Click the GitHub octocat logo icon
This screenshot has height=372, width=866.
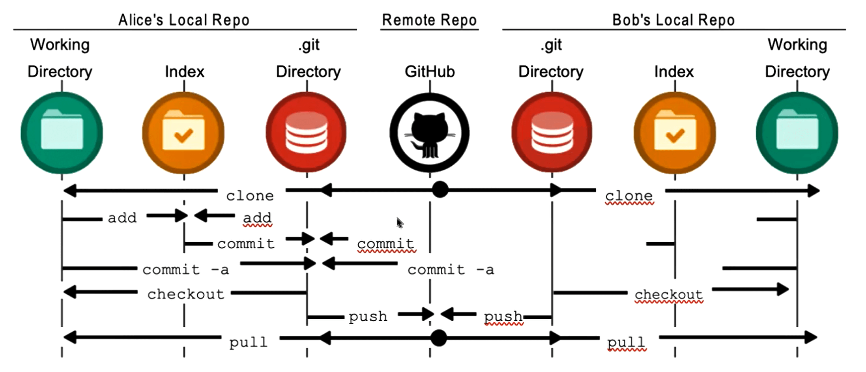tap(430, 133)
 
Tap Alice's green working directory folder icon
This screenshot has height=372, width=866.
tap(62, 133)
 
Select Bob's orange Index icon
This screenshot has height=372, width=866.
tap(675, 133)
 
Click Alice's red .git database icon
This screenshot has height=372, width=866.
tap(307, 133)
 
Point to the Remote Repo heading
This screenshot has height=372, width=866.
tap(429, 20)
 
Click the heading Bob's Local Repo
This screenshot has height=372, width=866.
tap(673, 20)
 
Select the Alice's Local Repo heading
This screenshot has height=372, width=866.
tap(184, 20)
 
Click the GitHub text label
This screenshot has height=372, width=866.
tap(430, 72)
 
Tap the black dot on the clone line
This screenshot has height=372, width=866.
tap(440, 190)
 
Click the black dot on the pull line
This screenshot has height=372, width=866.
tap(438, 338)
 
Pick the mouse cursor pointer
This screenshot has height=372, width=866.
tap(400, 222)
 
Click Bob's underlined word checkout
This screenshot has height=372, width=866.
tap(668, 295)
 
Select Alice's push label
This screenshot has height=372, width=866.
tap(368, 316)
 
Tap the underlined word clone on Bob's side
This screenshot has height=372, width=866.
tap(629, 196)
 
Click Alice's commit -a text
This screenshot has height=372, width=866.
tap(185, 270)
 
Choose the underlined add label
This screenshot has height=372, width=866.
tap(257, 218)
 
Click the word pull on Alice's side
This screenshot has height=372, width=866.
tap(248, 342)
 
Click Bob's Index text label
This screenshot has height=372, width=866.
tap(674, 72)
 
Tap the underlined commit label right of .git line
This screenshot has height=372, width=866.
tap(385, 244)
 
